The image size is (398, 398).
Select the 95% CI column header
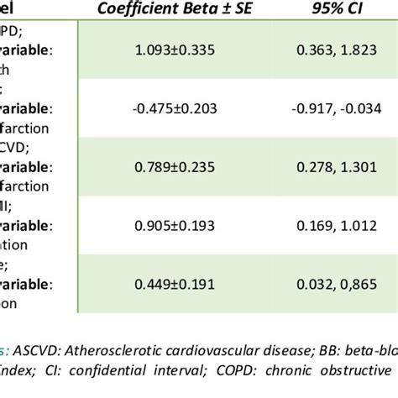tap(330, 12)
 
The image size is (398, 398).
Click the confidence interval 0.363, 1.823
tap(330, 50)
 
